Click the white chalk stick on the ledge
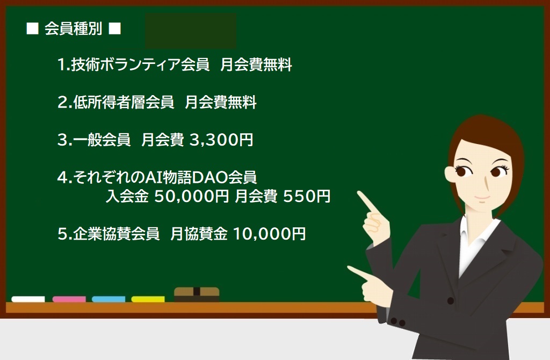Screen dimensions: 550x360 (28, 299)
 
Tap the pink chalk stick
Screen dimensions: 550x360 (69, 299)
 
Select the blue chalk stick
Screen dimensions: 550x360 (108, 299)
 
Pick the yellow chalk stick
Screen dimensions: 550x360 (148, 299)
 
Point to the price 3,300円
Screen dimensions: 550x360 (221, 140)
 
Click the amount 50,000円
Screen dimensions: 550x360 (192, 196)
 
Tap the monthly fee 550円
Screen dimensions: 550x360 (307, 196)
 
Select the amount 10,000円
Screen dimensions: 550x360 (270, 234)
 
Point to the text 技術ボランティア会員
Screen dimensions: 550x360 (140, 65)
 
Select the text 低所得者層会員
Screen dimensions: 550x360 (124, 103)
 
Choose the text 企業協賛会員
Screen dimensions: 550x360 (116, 234)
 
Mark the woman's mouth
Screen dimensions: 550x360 (482, 198)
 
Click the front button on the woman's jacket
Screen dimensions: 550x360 (451, 301)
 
